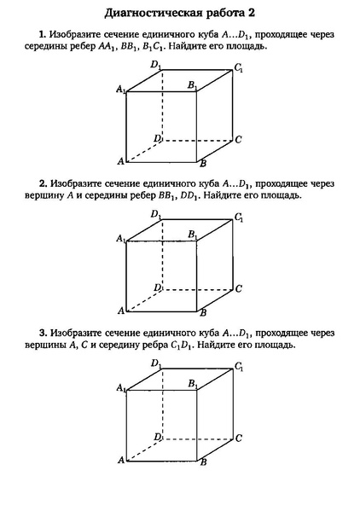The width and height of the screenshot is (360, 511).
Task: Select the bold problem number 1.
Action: point(41,35)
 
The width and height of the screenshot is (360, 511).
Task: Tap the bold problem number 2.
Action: point(41,183)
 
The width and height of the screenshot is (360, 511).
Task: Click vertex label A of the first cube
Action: point(121,160)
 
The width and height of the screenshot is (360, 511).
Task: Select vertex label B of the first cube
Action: point(202,163)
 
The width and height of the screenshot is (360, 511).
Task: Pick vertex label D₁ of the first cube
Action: point(156,65)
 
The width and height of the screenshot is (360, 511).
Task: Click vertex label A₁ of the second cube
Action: point(121,238)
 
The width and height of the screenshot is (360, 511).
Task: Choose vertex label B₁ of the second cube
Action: point(193,235)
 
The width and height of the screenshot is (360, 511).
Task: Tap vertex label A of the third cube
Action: point(121,460)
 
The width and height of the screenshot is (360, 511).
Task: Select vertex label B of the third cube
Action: point(202,462)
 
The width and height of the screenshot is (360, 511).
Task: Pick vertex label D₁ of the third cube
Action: point(156,364)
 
